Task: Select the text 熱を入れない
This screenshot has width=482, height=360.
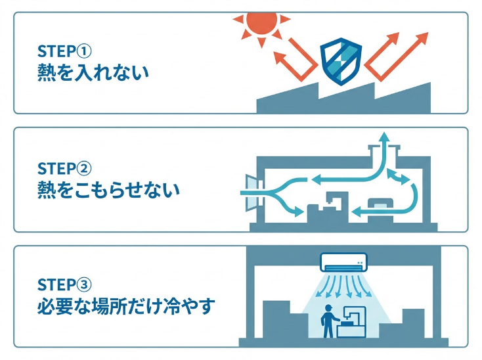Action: coord(93,71)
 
